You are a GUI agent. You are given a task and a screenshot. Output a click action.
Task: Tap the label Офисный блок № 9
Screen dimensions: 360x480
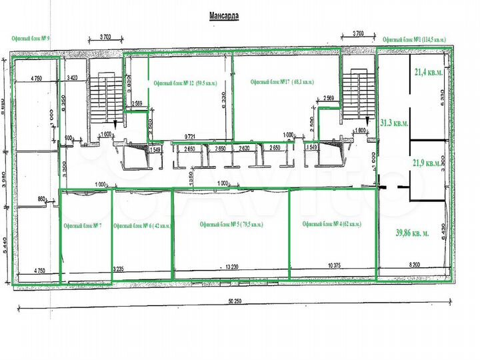click(31, 38)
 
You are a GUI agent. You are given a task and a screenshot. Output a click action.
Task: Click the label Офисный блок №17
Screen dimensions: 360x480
click(281, 82)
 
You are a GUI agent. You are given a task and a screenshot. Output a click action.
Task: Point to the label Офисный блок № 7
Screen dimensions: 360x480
click(82, 227)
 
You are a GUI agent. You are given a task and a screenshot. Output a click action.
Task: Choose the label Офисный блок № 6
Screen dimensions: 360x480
click(142, 227)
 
